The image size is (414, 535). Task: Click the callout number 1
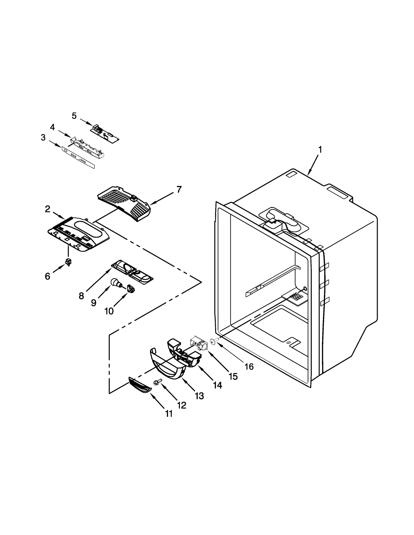tap(320, 150)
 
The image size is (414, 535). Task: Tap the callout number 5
tap(74, 116)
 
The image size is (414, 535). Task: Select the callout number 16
tap(249, 366)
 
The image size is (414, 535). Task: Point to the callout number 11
tap(169, 414)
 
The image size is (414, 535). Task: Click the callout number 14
tap(217, 385)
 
